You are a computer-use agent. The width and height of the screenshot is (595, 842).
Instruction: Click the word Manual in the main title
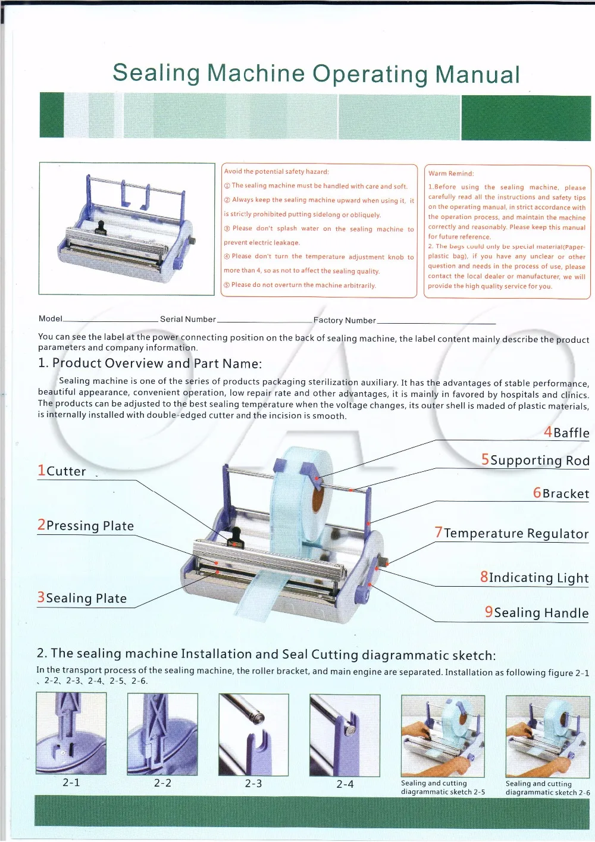point(477,74)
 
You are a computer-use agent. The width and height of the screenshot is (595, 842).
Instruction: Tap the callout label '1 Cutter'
point(62,471)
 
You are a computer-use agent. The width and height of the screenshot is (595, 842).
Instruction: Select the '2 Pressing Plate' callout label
point(86,525)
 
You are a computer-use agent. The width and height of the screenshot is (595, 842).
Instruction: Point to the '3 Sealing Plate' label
point(82,597)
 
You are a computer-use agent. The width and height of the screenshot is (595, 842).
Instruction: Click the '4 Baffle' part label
point(566,432)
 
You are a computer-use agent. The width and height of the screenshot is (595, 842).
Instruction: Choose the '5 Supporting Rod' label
point(535,460)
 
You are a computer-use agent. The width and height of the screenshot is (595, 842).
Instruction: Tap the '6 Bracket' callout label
point(561,493)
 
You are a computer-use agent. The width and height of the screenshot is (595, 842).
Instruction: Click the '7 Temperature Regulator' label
point(512,533)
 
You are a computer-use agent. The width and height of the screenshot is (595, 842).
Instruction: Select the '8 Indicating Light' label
point(534,577)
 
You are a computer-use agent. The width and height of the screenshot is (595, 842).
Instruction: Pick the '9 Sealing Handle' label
point(537,612)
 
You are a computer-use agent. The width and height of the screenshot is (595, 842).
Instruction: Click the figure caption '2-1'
point(71,782)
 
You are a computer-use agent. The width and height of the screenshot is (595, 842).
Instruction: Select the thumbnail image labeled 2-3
point(253,734)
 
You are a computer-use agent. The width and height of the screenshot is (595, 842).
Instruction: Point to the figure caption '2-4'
point(345,784)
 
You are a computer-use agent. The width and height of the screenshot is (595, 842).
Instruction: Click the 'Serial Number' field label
point(188,319)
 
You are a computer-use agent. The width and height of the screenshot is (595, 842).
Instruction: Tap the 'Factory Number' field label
point(345,320)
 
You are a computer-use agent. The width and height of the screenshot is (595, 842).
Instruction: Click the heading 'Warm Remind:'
point(451,173)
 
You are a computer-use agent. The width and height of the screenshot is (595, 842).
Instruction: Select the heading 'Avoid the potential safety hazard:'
point(276,172)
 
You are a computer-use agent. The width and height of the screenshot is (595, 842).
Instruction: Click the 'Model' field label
point(51,318)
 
